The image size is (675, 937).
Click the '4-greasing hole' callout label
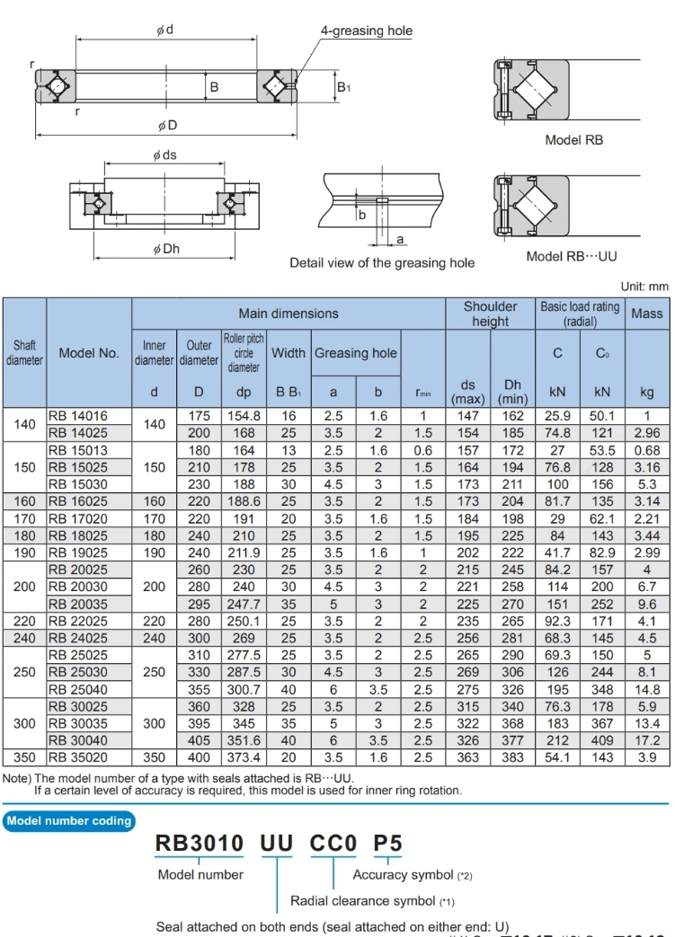(x=367, y=31)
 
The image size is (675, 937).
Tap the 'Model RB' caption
(x=574, y=140)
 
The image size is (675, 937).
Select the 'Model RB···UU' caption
(x=572, y=257)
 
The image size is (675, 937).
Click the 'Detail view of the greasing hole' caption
(x=382, y=263)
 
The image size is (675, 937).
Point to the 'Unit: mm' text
(x=644, y=287)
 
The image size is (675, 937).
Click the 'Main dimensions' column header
(x=289, y=314)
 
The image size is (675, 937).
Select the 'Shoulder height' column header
(x=490, y=314)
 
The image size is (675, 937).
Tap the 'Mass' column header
(x=647, y=314)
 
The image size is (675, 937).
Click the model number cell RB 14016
(x=78, y=417)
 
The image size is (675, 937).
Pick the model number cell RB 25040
(x=78, y=690)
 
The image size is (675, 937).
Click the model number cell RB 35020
(x=78, y=758)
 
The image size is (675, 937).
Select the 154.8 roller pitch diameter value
(x=244, y=417)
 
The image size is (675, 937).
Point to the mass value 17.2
(x=647, y=741)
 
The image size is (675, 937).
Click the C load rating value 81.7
(x=557, y=502)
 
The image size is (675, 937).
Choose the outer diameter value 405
(x=199, y=741)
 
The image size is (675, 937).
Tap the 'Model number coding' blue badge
(x=69, y=820)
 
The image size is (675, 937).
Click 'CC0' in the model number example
(x=333, y=844)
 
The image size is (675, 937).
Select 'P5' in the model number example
(x=388, y=844)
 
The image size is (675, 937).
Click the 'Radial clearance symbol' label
(x=363, y=901)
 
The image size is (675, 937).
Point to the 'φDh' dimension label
(x=166, y=249)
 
